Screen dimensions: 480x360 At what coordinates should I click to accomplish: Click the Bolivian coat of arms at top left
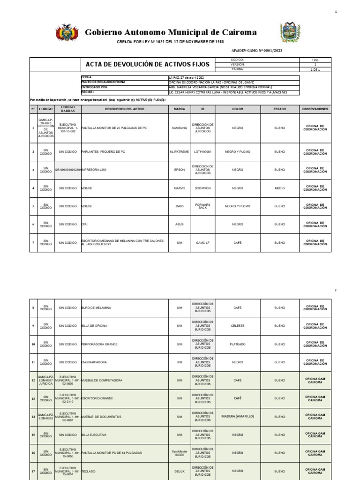65,33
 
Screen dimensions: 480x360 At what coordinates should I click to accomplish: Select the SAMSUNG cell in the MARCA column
180,127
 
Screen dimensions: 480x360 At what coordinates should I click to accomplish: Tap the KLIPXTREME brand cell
180,152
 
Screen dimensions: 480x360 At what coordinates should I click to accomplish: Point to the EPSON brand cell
180,170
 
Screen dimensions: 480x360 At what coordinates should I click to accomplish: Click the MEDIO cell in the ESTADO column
280,188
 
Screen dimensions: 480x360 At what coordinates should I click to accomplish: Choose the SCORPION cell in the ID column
203,188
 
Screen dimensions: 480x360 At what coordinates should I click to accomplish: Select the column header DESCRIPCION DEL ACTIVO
125,109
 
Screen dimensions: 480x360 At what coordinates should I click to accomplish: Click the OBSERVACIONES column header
315,109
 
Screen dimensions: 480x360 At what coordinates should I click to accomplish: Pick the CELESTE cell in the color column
238,325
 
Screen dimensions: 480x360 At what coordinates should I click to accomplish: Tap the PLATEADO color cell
238,344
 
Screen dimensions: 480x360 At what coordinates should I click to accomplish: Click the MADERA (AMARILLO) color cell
238,416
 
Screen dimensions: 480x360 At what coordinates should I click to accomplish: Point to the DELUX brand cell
180,471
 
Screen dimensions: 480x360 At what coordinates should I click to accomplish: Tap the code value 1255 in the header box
315,60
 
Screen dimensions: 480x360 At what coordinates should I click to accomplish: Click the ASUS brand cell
180,225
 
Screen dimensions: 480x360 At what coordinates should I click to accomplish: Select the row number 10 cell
33,344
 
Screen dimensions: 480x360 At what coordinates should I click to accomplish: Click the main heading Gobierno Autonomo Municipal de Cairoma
171,32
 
